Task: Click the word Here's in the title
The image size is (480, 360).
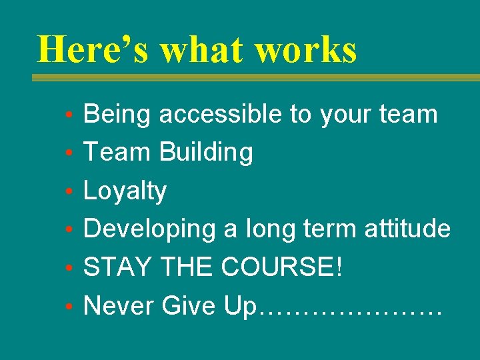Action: [x=94, y=49]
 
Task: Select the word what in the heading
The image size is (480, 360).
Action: [x=203, y=49]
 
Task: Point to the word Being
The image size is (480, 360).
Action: [x=117, y=115]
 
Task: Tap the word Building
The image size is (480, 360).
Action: [x=207, y=153]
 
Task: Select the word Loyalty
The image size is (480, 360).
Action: [x=125, y=192]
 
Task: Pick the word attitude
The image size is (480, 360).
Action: [x=407, y=229]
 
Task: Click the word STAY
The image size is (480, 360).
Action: [x=117, y=268]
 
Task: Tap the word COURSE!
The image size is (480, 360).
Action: [x=282, y=268]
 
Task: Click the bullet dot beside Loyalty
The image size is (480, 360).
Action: [x=70, y=192]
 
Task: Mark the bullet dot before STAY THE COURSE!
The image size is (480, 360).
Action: [x=70, y=269]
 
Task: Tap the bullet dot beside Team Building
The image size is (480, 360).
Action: [x=70, y=153]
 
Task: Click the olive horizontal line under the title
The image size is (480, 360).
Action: [x=256, y=77]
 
